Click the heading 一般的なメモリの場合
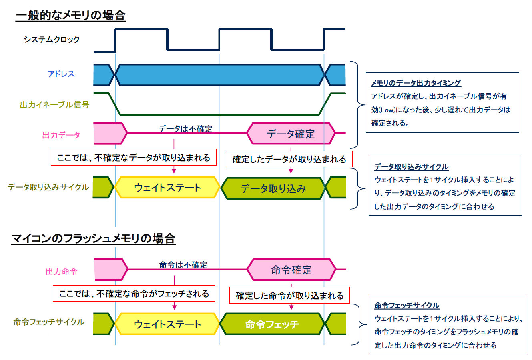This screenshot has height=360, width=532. coord(70,16)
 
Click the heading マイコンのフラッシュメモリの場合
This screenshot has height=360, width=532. coord(93,239)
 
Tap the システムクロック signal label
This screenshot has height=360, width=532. coord(52,40)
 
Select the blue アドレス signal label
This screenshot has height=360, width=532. coord(61,74)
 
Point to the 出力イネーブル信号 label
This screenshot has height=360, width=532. coord(54,105)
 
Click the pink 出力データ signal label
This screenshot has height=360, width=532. coord(61,135)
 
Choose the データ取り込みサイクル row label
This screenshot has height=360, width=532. coord(48,187)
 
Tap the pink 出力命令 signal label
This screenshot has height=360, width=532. coord(61,272)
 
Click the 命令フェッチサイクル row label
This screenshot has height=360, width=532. coord(49,322)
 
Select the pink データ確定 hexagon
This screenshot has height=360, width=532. coord(291,134)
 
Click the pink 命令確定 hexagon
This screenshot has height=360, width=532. coord(291,270)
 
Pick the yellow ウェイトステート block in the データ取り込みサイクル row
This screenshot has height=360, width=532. coord(167,188)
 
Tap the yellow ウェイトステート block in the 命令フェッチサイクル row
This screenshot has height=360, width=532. coord(167,324)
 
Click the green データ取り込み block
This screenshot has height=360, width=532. coord(273,188)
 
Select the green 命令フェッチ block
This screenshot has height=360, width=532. coord(272,324)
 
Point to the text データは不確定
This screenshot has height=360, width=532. coord(185,128)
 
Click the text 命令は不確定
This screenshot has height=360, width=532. coord(183,264)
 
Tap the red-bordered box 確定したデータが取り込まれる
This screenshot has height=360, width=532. coord(289,159)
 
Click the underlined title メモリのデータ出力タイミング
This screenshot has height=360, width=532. coord(416,83)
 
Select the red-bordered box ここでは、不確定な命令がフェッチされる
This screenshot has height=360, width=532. coord(134,294)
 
